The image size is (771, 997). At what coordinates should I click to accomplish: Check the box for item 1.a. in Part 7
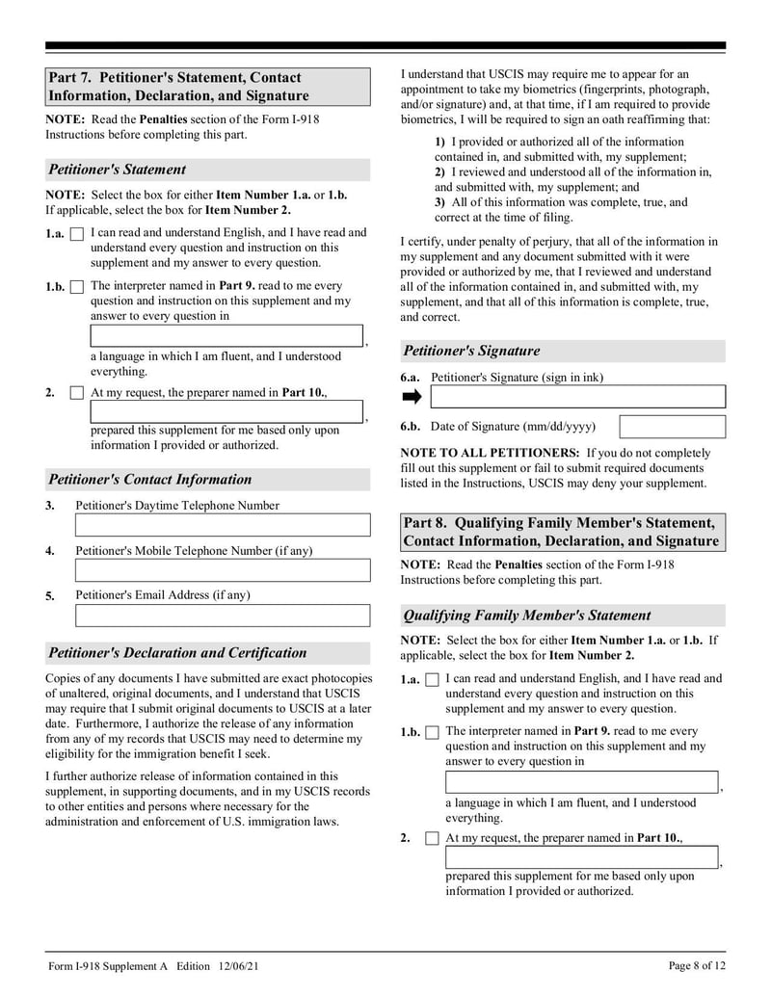[77, 234]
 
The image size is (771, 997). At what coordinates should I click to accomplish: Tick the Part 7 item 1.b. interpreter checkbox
[77, 287]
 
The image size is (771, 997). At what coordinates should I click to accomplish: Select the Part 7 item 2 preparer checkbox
[77, 393]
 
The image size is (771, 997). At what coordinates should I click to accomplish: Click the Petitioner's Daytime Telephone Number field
[223, 525]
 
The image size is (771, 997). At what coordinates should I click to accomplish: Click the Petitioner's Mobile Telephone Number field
[223, 570]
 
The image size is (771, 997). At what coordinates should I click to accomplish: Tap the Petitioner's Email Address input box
[223, 616]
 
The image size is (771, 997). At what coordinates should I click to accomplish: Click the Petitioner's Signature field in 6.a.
[577, 397]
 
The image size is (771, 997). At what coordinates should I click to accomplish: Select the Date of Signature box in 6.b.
[672, 427]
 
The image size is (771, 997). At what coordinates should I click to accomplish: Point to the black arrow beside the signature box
[412, 397]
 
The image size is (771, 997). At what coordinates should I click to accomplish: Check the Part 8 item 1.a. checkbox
[432, 680]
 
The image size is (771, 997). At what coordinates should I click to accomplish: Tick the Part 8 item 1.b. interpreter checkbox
[432, 733]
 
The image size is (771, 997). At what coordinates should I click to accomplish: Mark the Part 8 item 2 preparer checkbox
[432, 839]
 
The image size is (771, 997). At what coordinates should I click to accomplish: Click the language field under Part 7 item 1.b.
[226, 336]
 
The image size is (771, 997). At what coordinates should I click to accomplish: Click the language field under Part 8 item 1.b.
[582, 782]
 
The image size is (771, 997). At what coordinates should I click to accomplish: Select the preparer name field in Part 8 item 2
[582, 857]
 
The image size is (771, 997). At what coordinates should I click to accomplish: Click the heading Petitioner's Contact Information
[149, 480]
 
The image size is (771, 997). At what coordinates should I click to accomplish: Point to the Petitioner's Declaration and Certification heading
[177, 653]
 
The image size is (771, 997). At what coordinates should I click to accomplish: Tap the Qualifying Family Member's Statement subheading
[526, 616]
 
